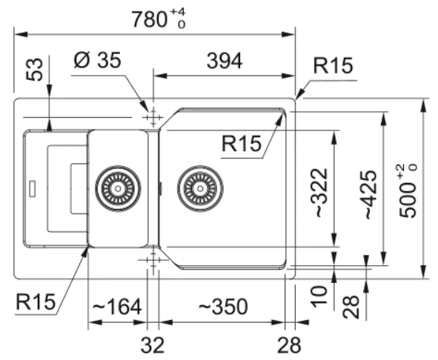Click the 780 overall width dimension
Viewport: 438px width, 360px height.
(159, 19)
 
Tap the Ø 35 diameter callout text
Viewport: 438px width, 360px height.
(98, 60)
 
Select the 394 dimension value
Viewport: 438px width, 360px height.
(225, 61)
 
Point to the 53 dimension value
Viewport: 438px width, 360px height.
(35, 70)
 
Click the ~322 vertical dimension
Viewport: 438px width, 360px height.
(319, 193)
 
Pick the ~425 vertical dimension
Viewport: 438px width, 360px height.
(369, 195)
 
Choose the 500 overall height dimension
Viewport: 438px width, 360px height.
(408, 191)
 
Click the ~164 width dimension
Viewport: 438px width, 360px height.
(117, 307)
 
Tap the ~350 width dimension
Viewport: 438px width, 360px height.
(224, 307)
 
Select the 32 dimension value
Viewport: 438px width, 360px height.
(153, 345)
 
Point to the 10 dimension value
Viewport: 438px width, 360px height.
(319, 296)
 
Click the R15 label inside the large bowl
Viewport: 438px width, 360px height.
(242, 143)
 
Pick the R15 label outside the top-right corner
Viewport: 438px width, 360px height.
(333, 66)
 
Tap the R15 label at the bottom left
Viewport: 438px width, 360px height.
(36, 301)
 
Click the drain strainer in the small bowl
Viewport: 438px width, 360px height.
(118, 188)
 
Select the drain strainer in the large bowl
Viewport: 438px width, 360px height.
(200, 188)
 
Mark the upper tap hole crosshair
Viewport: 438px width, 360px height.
(153, 117)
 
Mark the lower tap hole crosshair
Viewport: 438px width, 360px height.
(153, 260)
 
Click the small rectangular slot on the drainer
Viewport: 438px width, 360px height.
(33, 189)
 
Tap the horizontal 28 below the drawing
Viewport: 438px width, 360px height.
(289, 345)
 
